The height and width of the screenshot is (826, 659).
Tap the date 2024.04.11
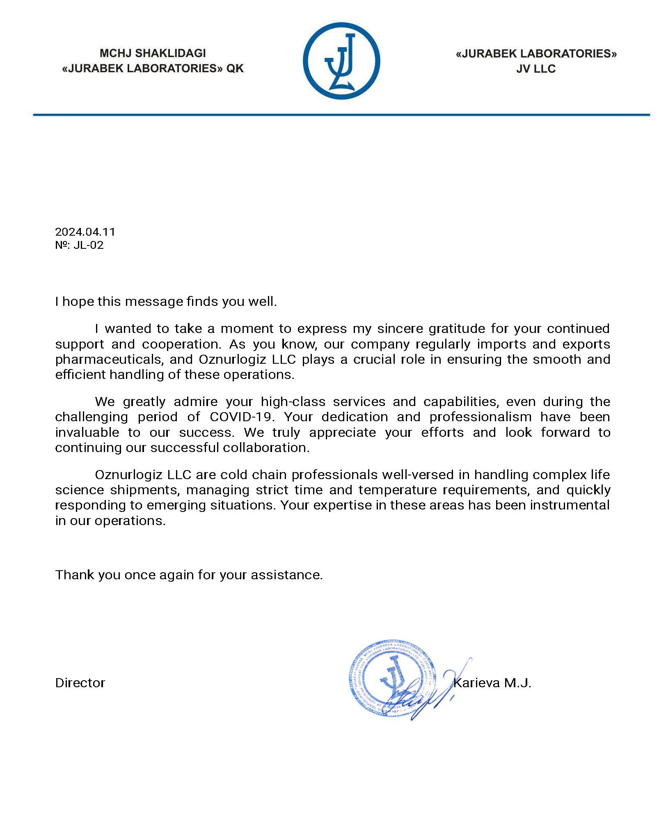point(85,232)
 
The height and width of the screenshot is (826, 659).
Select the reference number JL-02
point(89,246)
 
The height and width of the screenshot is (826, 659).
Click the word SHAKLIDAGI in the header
point(170,53)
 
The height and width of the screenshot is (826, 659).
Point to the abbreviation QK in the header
point(235,69)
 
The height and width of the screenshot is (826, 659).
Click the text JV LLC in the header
point(536,69)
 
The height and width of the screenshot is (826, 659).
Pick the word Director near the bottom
point(80,683)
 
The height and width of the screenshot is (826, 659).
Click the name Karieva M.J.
point(492,683)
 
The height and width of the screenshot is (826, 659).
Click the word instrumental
point(570,505)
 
